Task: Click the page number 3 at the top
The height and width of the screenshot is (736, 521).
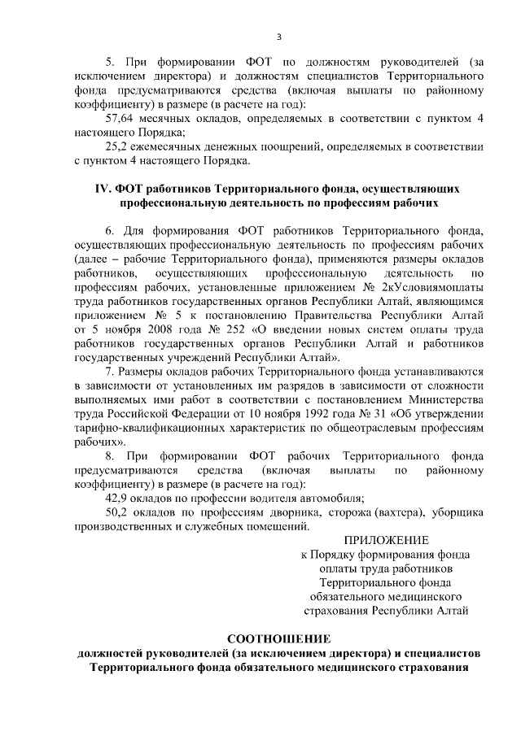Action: coord(279,37)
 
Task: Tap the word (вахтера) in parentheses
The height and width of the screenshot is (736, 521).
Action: coord(398,512)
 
